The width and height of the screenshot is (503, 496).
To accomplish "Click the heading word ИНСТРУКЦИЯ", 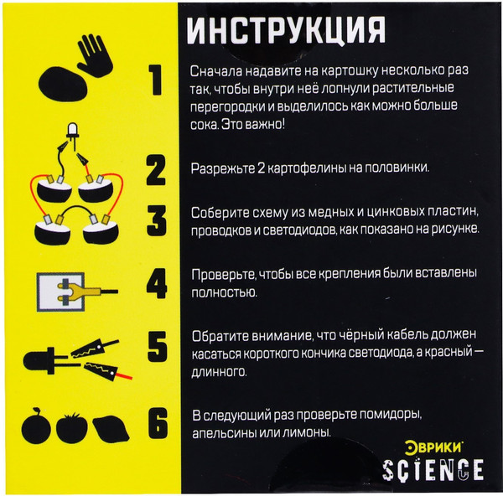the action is [286, 30].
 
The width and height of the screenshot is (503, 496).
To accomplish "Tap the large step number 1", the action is [156, 80].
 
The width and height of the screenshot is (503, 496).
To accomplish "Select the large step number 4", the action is [157, 284].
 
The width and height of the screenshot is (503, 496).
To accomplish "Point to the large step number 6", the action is [158, 423].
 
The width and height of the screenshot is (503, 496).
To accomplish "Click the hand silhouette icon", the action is [94, 55].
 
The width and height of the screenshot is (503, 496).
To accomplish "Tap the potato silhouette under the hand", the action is [63, 84].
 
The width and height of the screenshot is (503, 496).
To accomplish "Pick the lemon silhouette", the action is [111, 428].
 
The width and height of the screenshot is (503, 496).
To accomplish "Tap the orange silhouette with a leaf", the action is [36, 426].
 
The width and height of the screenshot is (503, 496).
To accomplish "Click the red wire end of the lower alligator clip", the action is [124, 375].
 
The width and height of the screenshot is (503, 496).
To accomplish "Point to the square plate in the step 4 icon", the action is [60, 292].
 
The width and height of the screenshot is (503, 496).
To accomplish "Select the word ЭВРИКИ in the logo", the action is [433, 447].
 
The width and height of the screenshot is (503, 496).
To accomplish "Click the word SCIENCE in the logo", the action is [433, 469].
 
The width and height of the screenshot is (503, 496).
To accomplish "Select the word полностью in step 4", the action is [224, 292].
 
